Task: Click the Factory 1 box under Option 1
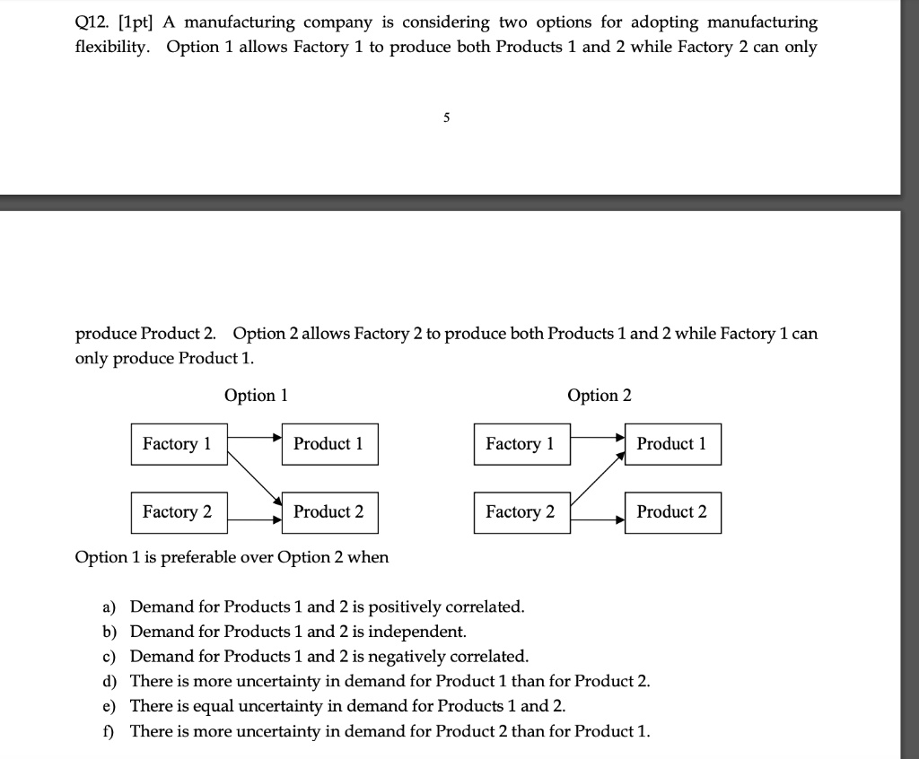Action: click(x=179, y=444)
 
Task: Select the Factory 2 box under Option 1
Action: click(x=179, y=512)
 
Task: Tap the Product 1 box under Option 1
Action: click(x=329, y=444)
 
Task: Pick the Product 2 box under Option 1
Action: click(x=329, y=512)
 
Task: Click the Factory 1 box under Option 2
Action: click(x=521, y=444)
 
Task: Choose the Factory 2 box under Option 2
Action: click(x=521, y=512)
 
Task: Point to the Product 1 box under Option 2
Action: click(x=672, y=444)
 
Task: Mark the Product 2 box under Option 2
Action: click(x=672, y=512)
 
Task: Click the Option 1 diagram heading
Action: click(x=256, y=396)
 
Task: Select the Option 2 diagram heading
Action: click(x=600, y=396)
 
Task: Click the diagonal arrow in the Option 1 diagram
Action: click(x=255, y=475)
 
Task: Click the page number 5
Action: click(x=446, y=118)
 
